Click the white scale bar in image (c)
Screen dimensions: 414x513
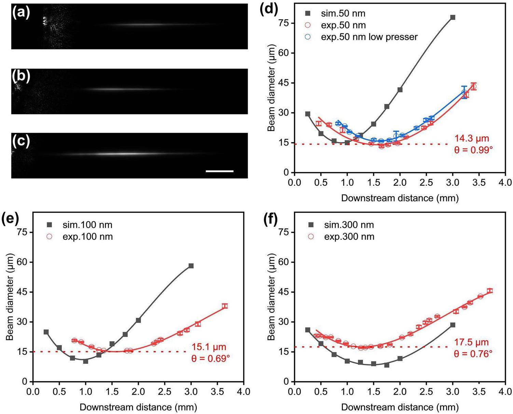[220, 171]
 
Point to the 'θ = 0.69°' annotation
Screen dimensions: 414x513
[210, 358]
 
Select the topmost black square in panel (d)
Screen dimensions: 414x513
[453, 17]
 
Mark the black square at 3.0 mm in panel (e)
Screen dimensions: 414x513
[191, 266]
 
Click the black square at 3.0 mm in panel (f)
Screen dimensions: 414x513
[453, 325]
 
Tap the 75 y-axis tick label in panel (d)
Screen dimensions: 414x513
[283, 23]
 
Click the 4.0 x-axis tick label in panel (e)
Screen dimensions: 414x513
[244, 390]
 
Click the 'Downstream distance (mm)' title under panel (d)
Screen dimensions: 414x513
[400, 198]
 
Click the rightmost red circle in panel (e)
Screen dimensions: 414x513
[225, 306]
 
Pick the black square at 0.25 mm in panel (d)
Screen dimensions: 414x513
[308, 114]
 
